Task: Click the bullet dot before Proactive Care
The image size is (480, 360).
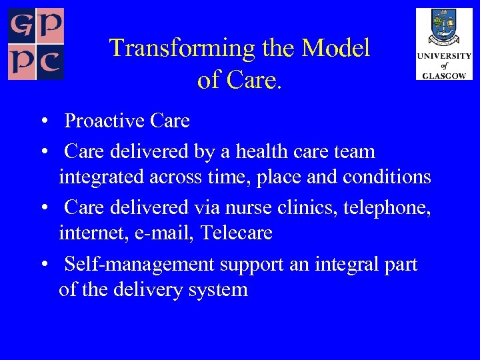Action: click(43, 121)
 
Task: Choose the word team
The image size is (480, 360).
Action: click(354, 151)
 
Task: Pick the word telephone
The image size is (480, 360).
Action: click(387, 207)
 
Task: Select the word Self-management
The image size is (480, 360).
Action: click(138, 264)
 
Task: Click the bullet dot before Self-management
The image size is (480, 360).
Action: click(43, 265)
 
